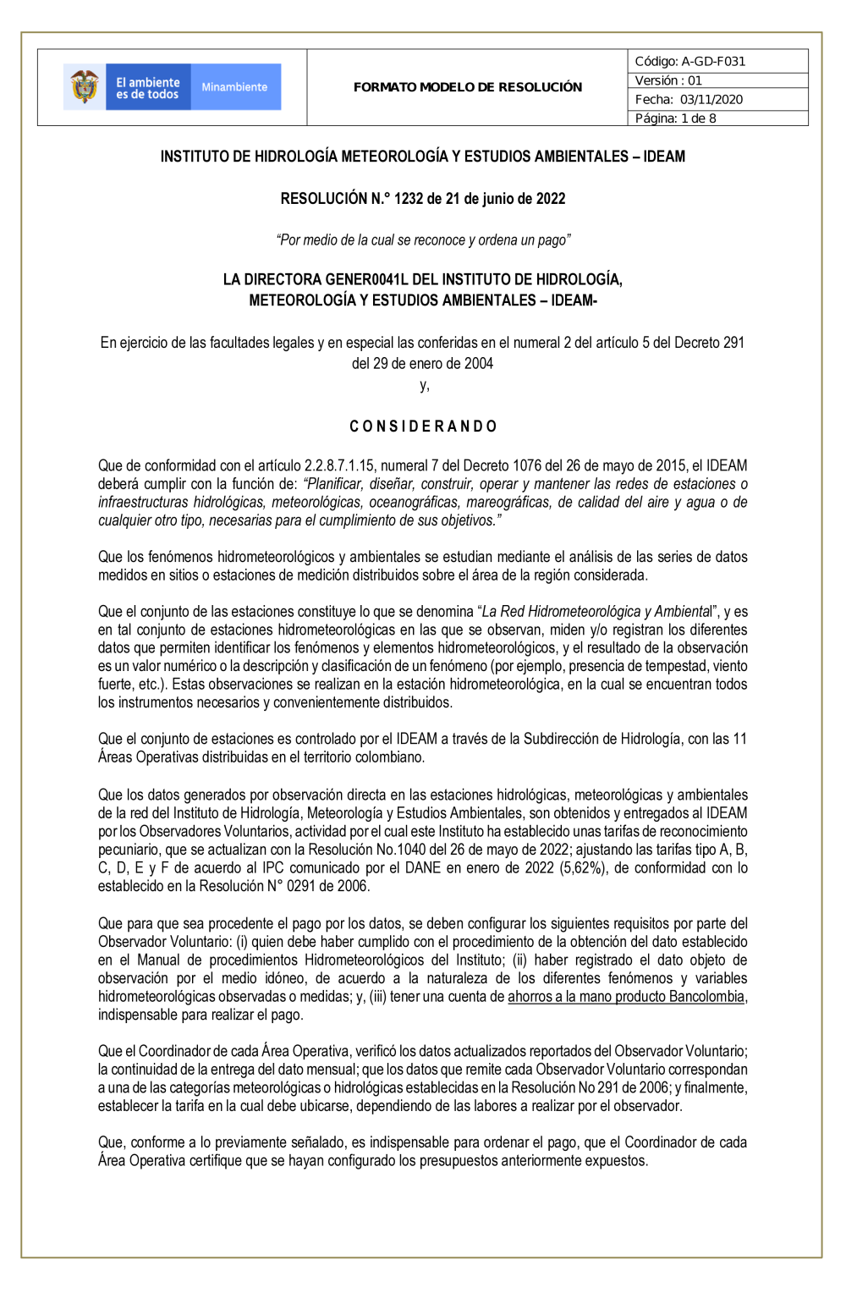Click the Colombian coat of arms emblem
tap(84, 86)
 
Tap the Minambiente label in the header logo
tap(234, 87)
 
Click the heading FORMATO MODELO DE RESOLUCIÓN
tap(467, 87)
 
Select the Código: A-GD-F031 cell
tap(689, 61)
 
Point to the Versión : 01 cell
tap(668, 80)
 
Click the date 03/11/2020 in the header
tap(711, 99)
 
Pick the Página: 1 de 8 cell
tap(675, 118)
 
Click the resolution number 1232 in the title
tap(408, 199)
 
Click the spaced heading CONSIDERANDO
tap(423, 426)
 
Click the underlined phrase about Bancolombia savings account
tap(626, 997)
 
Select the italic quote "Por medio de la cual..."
tap(423, 240)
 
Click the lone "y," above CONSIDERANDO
tap(424, 386)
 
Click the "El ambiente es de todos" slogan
tap(147, 88)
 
